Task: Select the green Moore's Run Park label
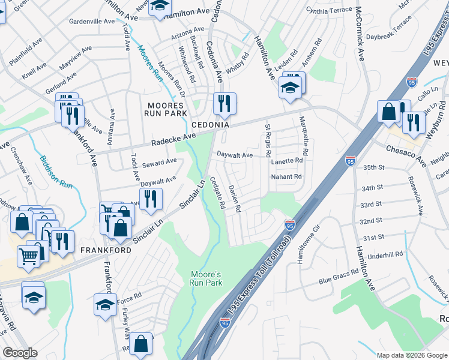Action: pyautogui.click(x=206, y=278)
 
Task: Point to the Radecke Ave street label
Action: pyautogui.click(x=173, y=141)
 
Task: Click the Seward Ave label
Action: pyautogui.click(x=159, y=162)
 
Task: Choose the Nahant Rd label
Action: pyautogui.click(x=286, y=176)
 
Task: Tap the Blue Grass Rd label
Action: pyautogui.click(x=339, y=275)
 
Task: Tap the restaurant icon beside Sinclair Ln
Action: pyautogui.click(x=151, y=199)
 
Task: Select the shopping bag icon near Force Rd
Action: pyautogui.click(x=141, y=344)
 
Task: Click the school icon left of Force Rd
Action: pyautogui.click(x=105, y=304)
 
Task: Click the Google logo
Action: pyautogui.click(x=20, y=353)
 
